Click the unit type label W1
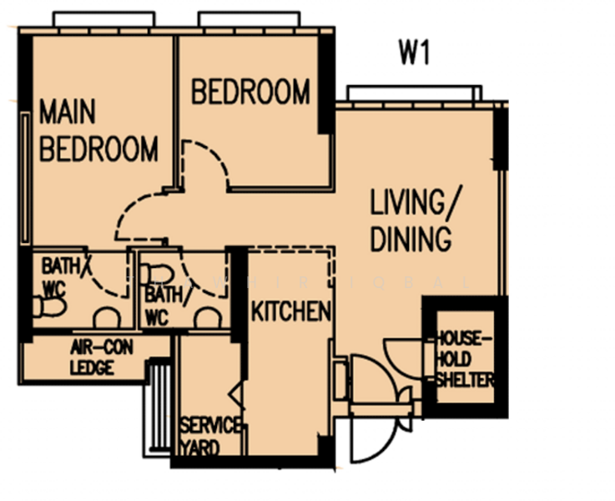(x=414, y=55)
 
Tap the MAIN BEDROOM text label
(x=98, y=131)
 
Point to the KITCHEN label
(x=291, y=312)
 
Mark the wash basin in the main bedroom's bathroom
(x=105, y=318)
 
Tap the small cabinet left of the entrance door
(x=339, y=380)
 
